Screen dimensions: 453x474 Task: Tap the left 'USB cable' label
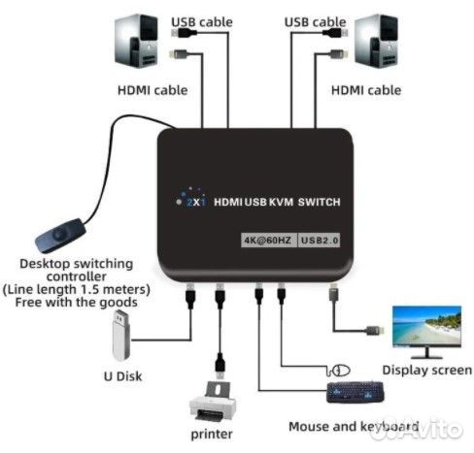[202, 21]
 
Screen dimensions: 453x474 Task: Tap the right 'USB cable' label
[317, 21]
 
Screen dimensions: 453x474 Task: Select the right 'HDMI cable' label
[365, 90]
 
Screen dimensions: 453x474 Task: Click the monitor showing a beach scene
[425, 330]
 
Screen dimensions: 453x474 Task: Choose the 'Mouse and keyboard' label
[354, 427]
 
